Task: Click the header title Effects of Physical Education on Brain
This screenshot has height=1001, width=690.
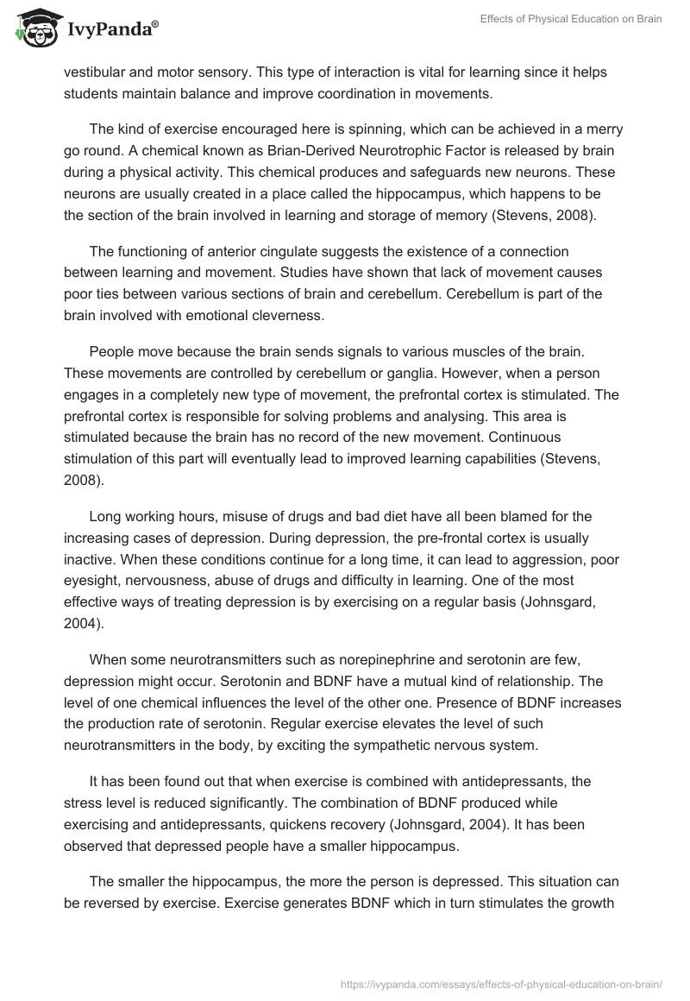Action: point(571,19)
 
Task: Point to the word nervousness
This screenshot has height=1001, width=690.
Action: point(184,581)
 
